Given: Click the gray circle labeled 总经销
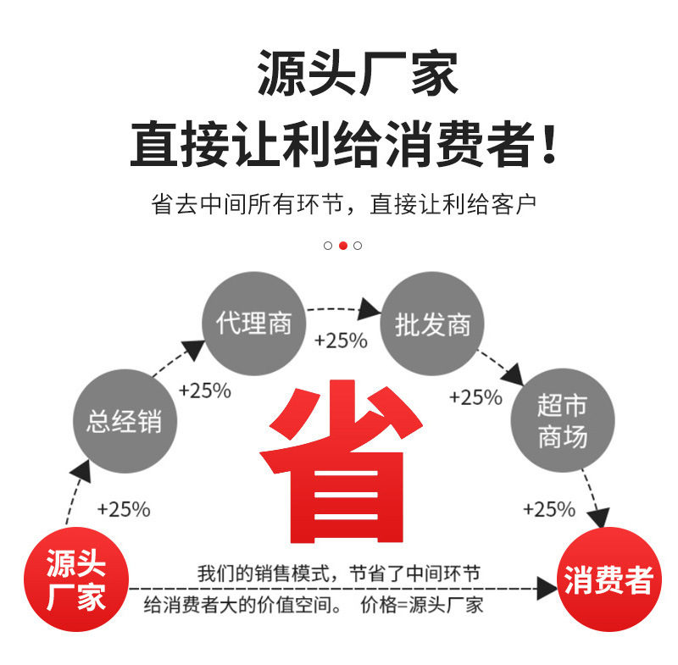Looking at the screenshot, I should click(x=124, y=420).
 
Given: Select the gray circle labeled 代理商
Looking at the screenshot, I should click(x=254, y=323).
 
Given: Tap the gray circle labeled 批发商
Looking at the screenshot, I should click(x=432, y=324).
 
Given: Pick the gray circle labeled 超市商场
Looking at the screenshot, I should click(x=562, y=421).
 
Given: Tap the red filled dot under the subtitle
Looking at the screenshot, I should click(x=342, y=246).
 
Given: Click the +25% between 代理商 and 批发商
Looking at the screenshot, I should click(x=341, y=341).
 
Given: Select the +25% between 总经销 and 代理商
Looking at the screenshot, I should click(x=204, y=391).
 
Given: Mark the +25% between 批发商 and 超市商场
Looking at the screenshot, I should click(x=475, y=397).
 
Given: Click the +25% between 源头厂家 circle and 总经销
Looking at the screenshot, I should click(x=124, y=509).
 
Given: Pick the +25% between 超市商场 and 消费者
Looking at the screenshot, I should click(x=548, y=509).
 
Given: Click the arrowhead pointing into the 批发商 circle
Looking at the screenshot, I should click(x=369, y=308).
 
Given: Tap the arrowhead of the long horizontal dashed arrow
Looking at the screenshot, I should click(x=546, y=587).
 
